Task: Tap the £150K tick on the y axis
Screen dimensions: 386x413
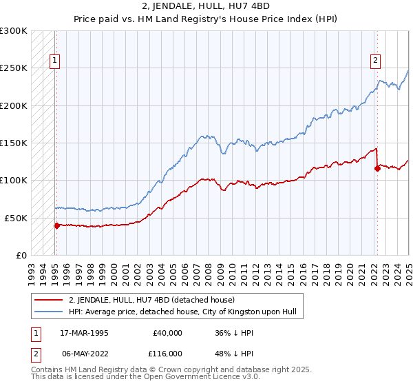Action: coord(14,143)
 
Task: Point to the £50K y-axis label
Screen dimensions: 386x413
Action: coord(16,218)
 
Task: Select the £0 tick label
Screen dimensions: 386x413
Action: coord(22,255)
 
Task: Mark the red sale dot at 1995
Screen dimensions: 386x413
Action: coord(56,225)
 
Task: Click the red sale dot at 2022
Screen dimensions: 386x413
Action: coord(377,168)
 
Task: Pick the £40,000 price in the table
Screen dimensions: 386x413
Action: coord(167,333)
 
